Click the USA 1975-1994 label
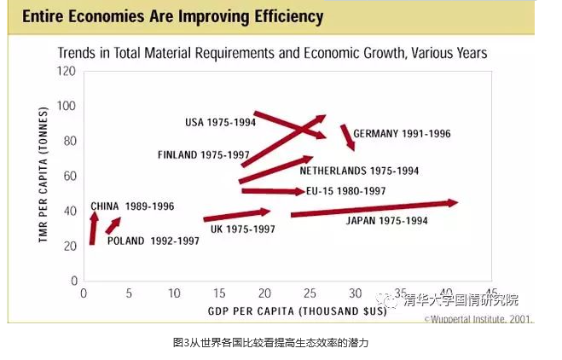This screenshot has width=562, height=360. point(219,122)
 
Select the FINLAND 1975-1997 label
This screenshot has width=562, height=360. point(203,154)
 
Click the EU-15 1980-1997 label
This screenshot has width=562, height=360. point(345,190)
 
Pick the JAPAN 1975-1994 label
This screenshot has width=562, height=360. point(386,221)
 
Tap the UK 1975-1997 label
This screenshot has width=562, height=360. point(243,229)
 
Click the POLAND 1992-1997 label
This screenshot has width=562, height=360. point(153,241)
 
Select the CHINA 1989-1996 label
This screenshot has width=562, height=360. point(132,206)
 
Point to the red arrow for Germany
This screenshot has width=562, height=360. point(347,137)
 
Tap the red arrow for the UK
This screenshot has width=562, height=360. point(237,215)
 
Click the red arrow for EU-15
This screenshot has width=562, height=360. point(271,191)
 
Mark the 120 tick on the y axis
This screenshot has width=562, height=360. point(67,71)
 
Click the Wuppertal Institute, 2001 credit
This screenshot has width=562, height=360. point(479,319)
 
